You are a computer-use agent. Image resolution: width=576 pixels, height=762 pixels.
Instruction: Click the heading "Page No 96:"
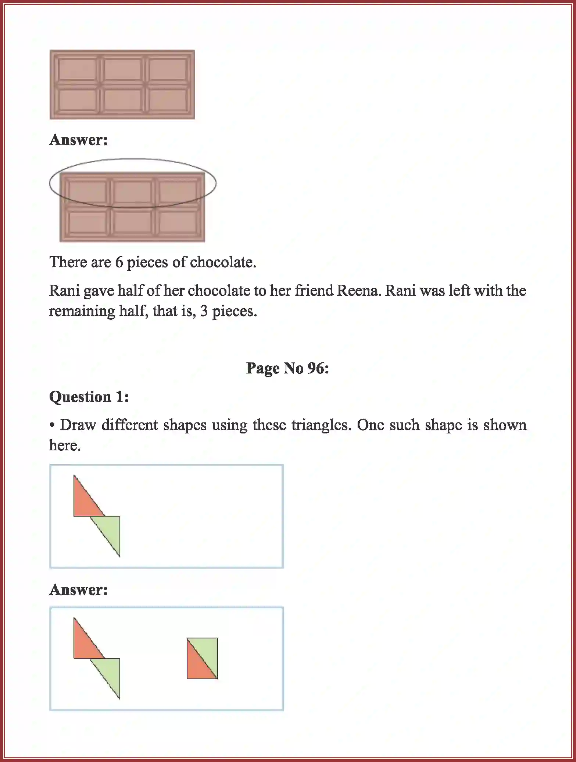pos(287,368)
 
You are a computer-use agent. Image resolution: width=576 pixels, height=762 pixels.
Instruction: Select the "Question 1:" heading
pos(89,397)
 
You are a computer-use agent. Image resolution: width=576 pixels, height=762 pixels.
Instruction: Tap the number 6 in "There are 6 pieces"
pos(119,262)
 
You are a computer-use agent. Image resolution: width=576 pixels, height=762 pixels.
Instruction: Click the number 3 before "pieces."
pos(204,311)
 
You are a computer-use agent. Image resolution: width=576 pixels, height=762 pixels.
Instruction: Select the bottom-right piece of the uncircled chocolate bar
pos(168,100)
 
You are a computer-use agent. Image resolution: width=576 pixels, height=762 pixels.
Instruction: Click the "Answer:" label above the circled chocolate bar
pos(79,140)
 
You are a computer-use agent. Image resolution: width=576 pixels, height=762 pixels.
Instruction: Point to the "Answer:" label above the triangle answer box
pos(79,590)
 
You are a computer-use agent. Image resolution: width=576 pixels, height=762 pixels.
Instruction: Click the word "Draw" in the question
pos(78,425)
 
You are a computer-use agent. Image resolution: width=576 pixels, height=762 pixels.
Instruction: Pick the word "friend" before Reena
pos(313,291)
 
